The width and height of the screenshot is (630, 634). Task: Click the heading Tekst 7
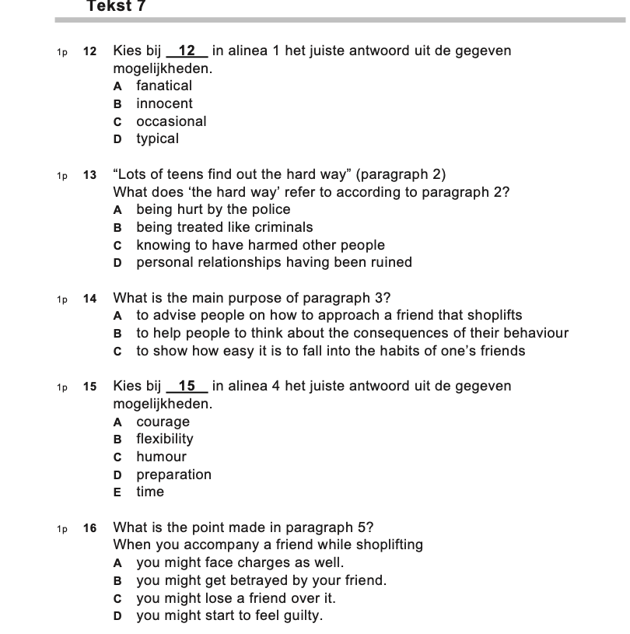117,7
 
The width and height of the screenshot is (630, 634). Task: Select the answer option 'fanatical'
163,86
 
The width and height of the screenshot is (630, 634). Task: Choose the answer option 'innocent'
164,103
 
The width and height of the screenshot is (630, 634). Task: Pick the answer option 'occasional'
171,121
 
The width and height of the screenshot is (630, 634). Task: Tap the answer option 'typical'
157,138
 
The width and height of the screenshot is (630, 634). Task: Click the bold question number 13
90,175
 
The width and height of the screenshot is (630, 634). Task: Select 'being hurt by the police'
213,209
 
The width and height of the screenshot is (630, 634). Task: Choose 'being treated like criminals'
224,227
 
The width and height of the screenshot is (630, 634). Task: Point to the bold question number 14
90,299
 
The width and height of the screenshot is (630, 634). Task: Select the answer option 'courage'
163,422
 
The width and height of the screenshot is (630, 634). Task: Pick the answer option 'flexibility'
165,439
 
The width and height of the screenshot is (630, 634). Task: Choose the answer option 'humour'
161,457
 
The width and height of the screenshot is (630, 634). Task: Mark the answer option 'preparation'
173,475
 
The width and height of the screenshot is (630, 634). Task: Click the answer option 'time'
150,492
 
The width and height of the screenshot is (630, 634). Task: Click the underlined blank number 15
187,386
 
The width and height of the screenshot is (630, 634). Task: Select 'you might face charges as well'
240,562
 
